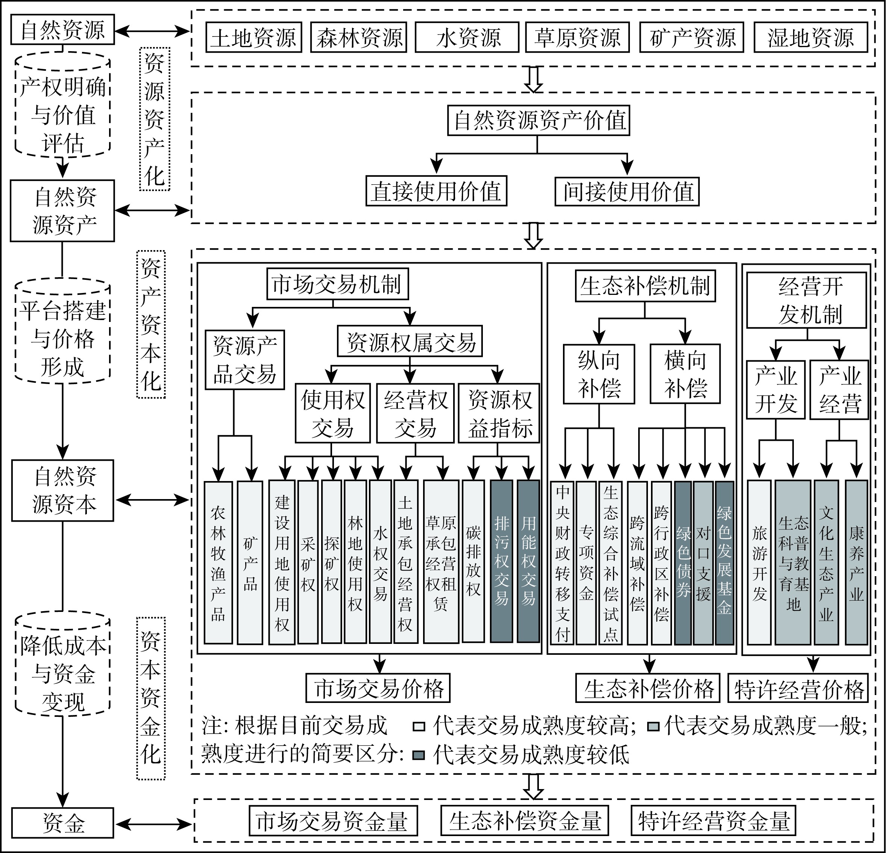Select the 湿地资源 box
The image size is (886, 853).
pyautogui.click(x=810, y=38)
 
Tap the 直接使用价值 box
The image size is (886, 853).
pyautogui.click(x=436, y=191)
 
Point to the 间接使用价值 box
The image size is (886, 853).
pyautogui.click(x=627, y=191)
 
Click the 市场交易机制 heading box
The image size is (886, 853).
pyautogui.click(x=337, y=284)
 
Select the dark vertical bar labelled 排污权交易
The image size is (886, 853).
pyautogui.click(x=501, y=561)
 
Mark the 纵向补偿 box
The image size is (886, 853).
pyautogui.click(x=599, y=374)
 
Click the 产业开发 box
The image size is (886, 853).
pyautogui.click(x=775, y=389)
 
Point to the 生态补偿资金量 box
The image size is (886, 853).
pyautogui.click(x=524, y=821)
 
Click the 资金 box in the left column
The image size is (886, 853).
pyautogui.click(x=62, y=822)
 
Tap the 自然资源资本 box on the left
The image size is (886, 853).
pyautogui.click(x=62, y=490)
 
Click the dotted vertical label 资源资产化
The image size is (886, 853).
pyautogui.click(x=155, y=119)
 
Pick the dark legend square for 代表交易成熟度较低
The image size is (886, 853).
pyautogui.click(x=419, y=755)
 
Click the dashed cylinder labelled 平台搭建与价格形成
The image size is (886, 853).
pyautogui.click(x=62, y=331)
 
